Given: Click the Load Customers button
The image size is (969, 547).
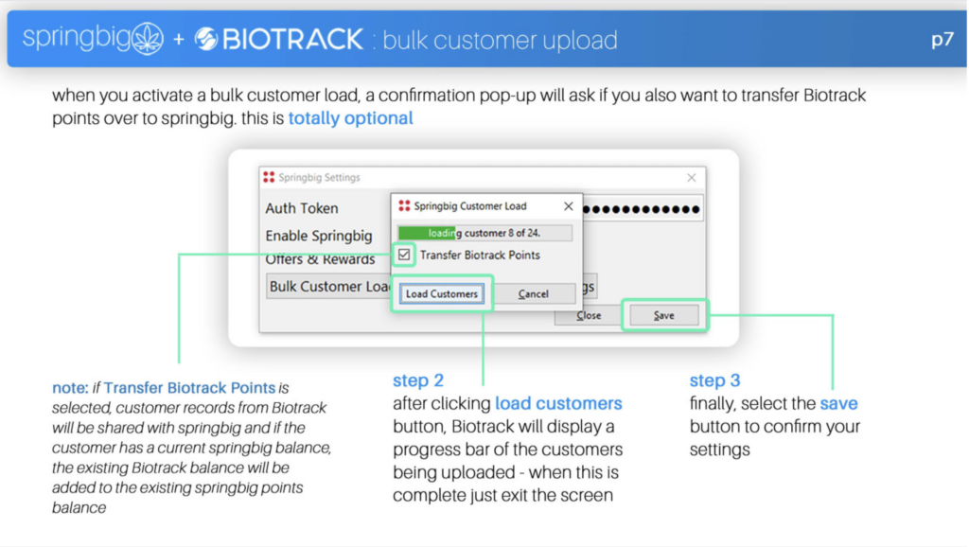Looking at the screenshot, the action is point(441,293).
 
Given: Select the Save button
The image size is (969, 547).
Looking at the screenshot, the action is point(663,315).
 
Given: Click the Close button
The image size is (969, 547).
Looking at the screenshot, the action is point(589,315).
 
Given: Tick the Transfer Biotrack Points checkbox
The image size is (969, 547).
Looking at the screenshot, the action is point(404,255).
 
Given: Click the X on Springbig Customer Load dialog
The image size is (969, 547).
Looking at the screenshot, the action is point(569,205).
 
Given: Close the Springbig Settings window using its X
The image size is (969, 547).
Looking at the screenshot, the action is point(692,178).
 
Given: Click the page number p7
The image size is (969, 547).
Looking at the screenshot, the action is point(942,40).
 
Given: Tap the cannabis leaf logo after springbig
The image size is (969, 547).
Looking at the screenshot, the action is point(148,38).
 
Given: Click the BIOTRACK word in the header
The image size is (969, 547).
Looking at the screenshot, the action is point(292,40).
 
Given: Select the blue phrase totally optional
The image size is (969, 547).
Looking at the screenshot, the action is point(350,118).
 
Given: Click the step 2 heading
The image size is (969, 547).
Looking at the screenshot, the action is point(418,380).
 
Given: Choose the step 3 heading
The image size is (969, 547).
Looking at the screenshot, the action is point(715,380).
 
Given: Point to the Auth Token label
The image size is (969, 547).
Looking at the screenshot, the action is point(302,208).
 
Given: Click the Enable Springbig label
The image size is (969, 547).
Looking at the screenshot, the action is point(319,236).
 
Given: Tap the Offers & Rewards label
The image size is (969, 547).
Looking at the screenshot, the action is point(320,259).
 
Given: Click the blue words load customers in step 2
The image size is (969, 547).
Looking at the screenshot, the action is point(558,403).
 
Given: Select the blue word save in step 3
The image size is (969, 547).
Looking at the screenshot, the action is point(838,403).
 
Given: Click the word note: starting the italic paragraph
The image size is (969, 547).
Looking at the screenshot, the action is point(70,388).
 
